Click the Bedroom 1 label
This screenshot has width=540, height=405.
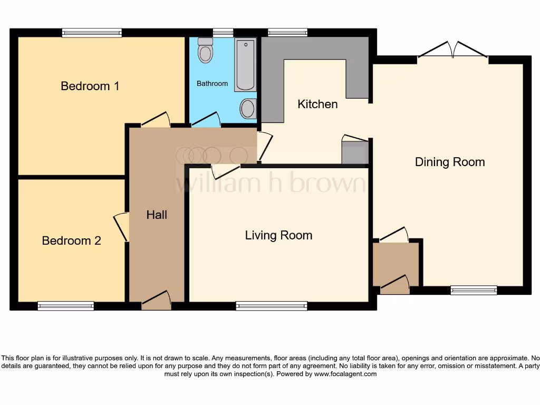(90, 86)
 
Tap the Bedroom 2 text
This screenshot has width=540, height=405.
(71, 241)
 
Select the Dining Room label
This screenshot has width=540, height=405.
(450, 162)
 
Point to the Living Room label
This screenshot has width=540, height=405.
(278, 235)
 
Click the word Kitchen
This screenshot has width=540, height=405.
(317, 104)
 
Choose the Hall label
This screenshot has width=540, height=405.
(157, 215)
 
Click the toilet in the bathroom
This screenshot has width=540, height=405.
(205, 52)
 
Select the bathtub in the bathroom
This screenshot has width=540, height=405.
(245, 64)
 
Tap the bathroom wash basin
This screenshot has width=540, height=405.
(247, 109)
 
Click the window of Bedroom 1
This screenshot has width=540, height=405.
(92, 33)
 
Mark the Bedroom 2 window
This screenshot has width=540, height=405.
(66, 306)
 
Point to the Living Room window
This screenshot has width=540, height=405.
(272, 306)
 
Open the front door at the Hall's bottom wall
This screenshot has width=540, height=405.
(156, 300)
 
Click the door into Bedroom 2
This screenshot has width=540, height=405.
(122, 227)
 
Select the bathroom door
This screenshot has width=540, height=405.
(206, 120)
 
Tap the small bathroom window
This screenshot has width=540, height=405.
(223, 33)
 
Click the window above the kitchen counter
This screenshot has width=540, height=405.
(287, 33)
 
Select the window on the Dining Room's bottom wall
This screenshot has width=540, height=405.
(474, 290)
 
